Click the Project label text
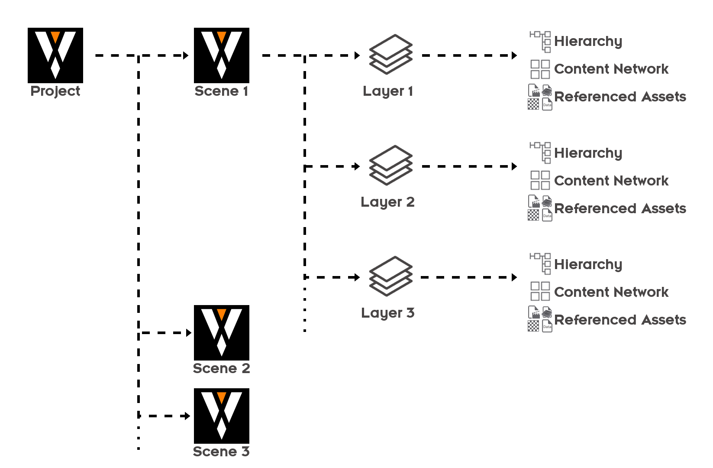pos(55,91)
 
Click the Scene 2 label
pos(221,368)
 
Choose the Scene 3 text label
pos(221,452)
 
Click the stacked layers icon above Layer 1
pos(390,54)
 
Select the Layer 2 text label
pos(387,202)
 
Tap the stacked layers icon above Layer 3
pos(390,276)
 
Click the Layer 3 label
pos(387,313)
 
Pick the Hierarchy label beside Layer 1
pos(588,41)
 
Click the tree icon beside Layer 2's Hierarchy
pos(540,153)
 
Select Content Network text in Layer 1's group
pos(611,69)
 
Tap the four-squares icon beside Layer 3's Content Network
pos(540,291)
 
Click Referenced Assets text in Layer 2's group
pos(620,208)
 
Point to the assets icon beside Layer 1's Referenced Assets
pos(540,97)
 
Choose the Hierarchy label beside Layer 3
pos(588,264)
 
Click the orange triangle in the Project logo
pos(55,36)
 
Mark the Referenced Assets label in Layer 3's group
pos(620,320)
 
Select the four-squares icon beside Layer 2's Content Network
pos(540,180)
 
